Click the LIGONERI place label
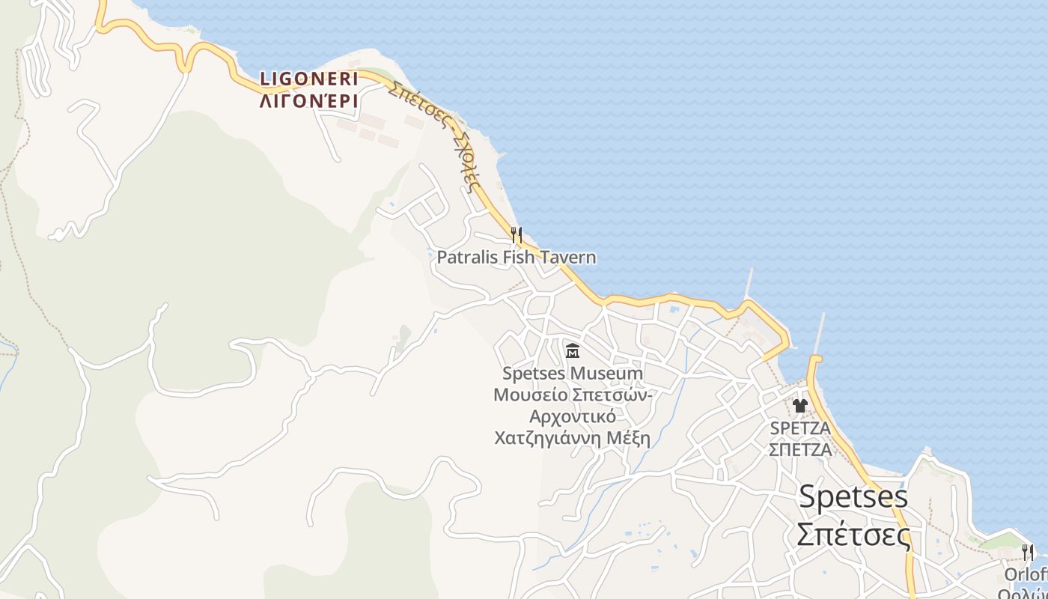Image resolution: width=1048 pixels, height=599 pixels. pyautogui.click(x=308, y=79)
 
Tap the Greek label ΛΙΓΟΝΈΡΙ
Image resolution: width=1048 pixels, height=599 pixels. pyautogui.click(x=308, y=100)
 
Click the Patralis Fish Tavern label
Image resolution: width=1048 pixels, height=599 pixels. pyautogui.click(x=517, y=258)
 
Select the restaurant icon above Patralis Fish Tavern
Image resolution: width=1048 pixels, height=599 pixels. pyautogui.click(x=516, y=235)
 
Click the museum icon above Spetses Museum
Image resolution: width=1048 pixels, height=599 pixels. pyautogui.click(x=573, y=350)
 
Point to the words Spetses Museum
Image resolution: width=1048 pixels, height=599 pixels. pyautogui.click(x=573, y=373)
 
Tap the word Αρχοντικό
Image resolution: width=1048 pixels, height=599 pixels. pyautogui.click(x=573, y=416)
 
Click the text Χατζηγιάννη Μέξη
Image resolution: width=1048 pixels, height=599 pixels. pyautogui.click(x=573, y=437)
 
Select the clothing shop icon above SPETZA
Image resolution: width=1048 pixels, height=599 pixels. pyautogui.click(x=800, y=406)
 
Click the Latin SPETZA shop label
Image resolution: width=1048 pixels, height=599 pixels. pyautogui.click(x=800, y=429)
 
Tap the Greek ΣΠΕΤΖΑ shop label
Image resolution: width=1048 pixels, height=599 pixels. pyautogui.click(x=800, y=450)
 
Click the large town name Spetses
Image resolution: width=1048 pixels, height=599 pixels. pyautogui.click(x=853, y=496)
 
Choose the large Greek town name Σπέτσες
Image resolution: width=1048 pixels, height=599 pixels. pyautogui.click(x=853, y=535)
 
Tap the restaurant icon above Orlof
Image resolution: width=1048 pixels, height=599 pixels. pyautogui.click(x=1028, y=553)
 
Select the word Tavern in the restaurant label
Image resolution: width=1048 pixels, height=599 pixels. pyautogui.click(x=567, y=258)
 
